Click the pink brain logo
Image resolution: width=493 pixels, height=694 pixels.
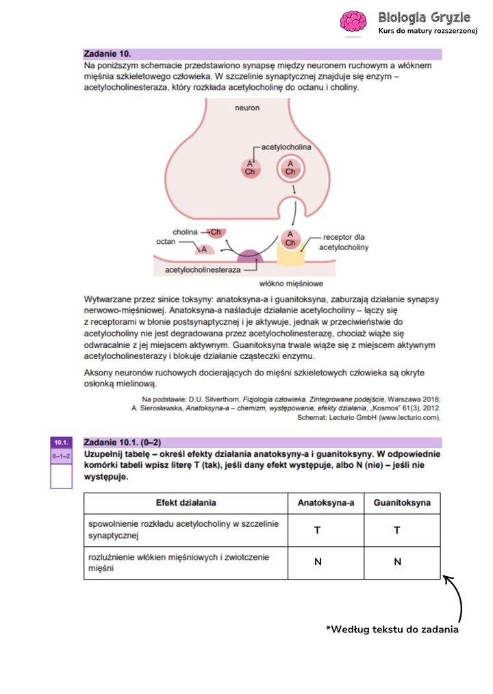pos(355,21)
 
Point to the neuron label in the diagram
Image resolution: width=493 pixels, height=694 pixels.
pos(247,108)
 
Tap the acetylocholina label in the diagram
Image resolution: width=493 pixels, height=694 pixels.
pos(286,147)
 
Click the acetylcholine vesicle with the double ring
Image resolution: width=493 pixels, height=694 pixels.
pos(290,167)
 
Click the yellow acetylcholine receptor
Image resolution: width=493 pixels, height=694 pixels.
pos(290,254)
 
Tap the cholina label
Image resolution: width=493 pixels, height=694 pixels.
pos(185,232)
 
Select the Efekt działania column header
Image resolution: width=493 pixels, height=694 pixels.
pos(186,503)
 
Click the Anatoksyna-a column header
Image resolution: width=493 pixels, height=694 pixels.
pos(325,503)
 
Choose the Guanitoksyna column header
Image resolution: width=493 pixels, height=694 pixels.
pos(402,503)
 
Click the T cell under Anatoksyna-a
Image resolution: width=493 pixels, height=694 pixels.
pos(318,530)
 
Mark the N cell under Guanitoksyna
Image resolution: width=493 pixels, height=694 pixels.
pos(397,562)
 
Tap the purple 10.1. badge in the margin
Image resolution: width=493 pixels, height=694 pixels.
pos(61,443)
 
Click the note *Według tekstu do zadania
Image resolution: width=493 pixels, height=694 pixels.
pos(392,630)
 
